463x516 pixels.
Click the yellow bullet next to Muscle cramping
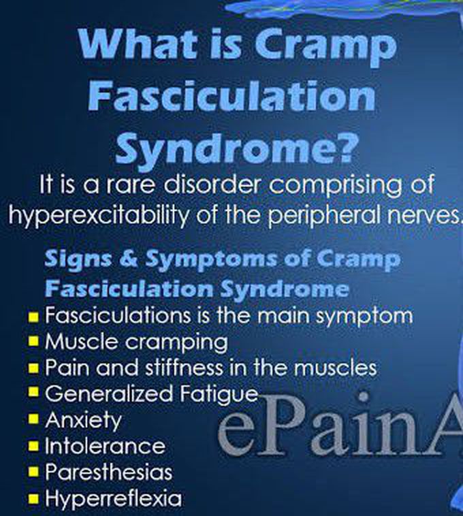point(33,342)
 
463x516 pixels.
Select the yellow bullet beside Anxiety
point(33,419)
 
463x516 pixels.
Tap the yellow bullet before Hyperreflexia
point(33,498)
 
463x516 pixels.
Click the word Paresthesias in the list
point(108,472)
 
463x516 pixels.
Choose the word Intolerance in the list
point(105,446)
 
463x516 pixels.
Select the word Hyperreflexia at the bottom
point(114,498)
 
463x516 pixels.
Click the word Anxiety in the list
point(83,421)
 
